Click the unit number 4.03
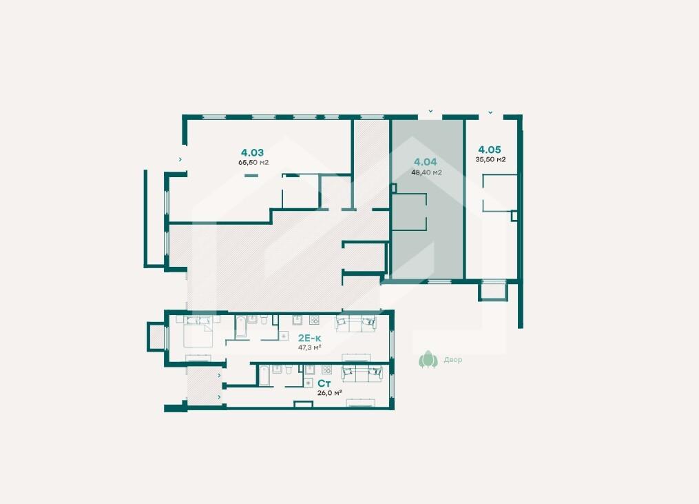252,152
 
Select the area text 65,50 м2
253,163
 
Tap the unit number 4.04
426,162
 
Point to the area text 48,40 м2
426,172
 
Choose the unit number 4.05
490,150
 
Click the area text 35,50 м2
490,159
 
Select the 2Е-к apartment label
309,338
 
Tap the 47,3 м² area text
310,347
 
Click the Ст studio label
324,383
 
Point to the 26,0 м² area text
329,393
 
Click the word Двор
453,360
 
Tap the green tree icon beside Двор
428,359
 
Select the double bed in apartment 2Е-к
199,331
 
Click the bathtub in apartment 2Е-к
241,327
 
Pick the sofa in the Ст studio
362,374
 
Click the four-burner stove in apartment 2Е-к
314,320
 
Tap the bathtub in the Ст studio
264,376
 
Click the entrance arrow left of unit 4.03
180,159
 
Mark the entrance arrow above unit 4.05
490,112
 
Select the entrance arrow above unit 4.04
430,111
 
